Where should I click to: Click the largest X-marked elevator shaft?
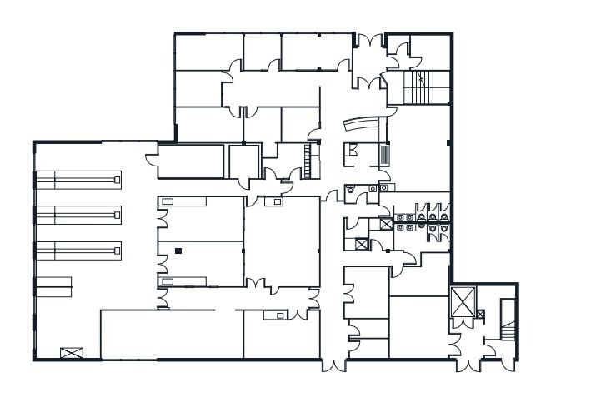(461, 301)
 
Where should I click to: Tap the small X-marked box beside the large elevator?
(480, 315)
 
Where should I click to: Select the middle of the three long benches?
(78, 215)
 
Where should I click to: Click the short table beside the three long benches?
(53, 286)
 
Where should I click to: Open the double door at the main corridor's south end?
(332, 364)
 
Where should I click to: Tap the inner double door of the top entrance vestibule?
(368, 81)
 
